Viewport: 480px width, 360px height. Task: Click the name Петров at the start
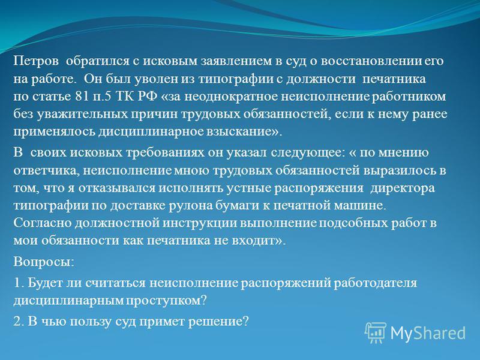[x=36, y=61]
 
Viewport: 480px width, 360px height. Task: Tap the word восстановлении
[x=371, y=61]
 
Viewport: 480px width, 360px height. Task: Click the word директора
[x=403, y=188]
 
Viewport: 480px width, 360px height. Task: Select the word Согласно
[x=42, y=223]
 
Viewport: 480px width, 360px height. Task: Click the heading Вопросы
[x=44, y=262]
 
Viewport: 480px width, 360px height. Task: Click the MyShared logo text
[x=428, y=333]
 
